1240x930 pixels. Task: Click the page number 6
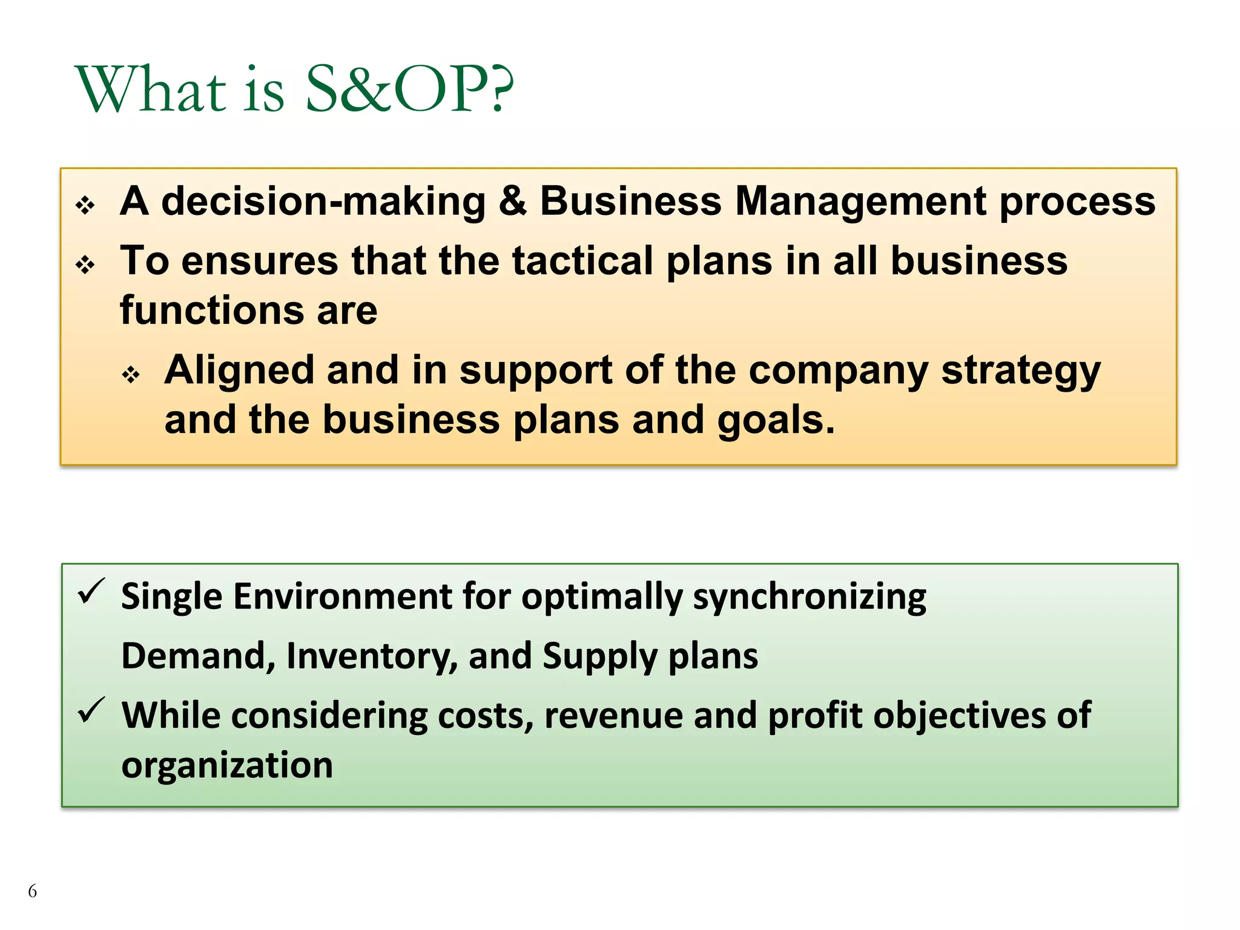pos(32,891)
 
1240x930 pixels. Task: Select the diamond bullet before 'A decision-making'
pos(85,205)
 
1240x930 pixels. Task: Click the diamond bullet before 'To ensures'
pos(85,265)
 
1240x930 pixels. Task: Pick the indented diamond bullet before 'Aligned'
pos(131,374)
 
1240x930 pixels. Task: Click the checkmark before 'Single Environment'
pos(91,591)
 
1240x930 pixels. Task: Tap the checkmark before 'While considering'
pos(91,710)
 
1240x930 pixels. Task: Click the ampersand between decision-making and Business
pos(512,201)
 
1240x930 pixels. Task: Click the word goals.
pos(776,421)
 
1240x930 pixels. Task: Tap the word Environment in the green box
pos(343,596)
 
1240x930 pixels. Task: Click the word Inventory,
pos(372,657)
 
